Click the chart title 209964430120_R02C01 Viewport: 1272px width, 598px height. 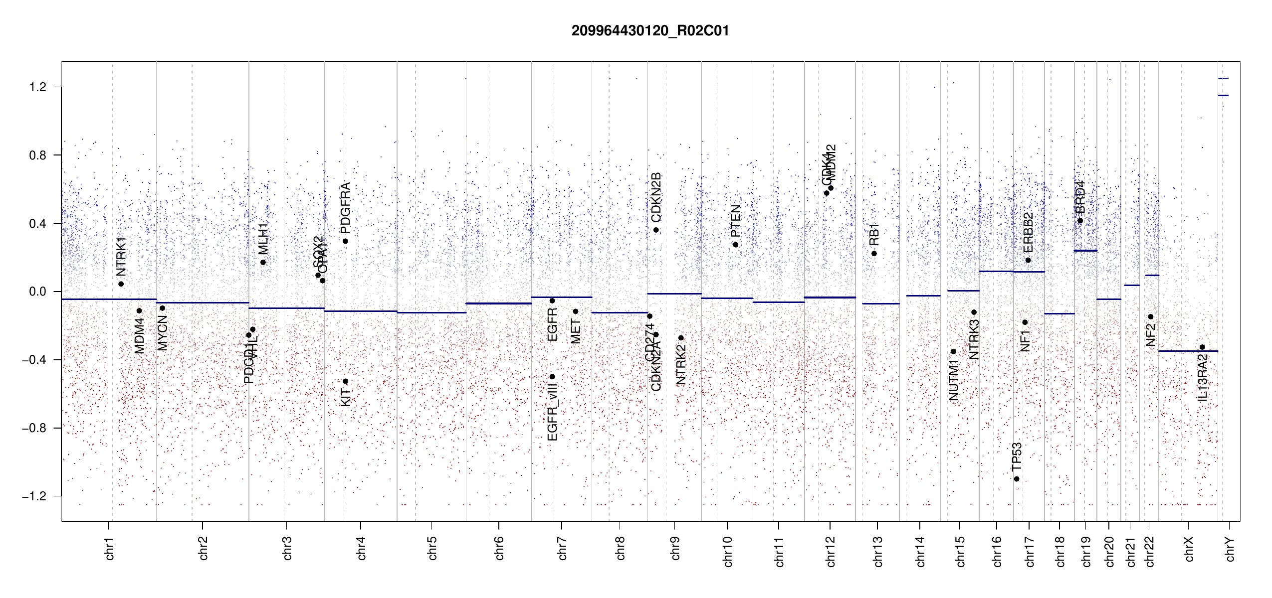[x=650, y=31]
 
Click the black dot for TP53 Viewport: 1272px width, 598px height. [x=1017, y=479]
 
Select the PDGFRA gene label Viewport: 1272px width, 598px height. [x=345, y=208]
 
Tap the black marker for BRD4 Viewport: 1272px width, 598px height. [x=1080, y=221]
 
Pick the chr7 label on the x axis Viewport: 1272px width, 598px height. [x=562, y=548]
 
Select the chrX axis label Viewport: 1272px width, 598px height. [x=1189, y=549]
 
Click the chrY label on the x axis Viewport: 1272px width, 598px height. [x=1230, y=549]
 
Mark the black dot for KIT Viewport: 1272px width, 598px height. [x=345, y=382]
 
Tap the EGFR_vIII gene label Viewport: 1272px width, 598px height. [x=552, y=412]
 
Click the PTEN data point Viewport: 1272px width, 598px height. [x=735, y=245]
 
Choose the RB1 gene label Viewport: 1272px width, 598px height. [x=874, y=234]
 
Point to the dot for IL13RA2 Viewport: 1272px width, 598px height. [x=1202, y=347]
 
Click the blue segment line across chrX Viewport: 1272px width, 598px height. [x=1188, y=351]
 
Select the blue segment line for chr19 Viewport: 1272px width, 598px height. [x=1085, y=251]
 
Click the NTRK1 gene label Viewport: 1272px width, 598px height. [x=121, y=256]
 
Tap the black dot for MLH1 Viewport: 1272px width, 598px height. [x=263, y=263]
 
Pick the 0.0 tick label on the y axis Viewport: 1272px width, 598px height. [x=38, y=292]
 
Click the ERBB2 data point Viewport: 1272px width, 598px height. [x=1028, y=260]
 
